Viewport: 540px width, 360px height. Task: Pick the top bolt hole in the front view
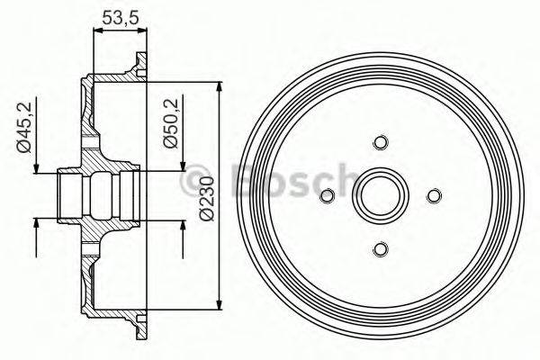[x=379, y=143]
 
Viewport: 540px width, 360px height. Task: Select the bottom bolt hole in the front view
[x=379, y=249]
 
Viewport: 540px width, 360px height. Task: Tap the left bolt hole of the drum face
[x=326, y=196]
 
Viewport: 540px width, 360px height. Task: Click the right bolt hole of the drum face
[x=433, y=196]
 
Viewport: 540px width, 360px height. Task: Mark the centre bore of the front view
[x=379, y=196]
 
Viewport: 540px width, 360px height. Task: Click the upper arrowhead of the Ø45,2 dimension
[x=36, y=169]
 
